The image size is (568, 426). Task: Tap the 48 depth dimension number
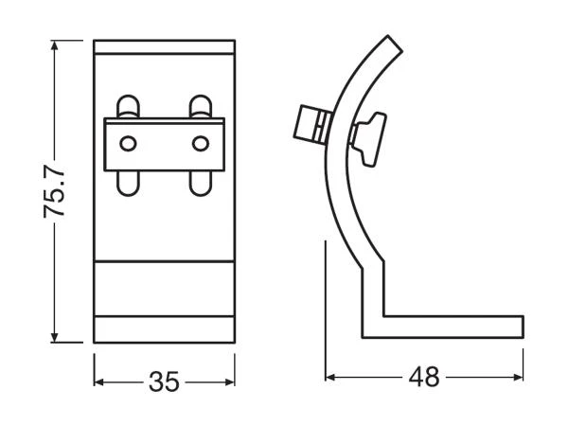pyautogui.click(x=426, y=377)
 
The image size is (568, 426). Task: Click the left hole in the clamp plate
pyautogui.click(x=129, y=143)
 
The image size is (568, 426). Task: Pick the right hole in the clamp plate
pyautogui.click(x=199, y=143)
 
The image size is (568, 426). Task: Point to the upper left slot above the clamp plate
pyautogui.click(x=129, y=106)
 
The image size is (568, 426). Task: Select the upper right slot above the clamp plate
pyautogui.click(x=199, y=106)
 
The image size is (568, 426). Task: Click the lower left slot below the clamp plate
pyautogui.click(x=129, y=181)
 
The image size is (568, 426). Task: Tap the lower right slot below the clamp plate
pyautogui.click(x=199, y=181)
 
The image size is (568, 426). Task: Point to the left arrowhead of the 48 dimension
pyautogui.click(x=332, y=377)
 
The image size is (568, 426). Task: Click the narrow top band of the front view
pyautogui.click(x=165, y=48)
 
